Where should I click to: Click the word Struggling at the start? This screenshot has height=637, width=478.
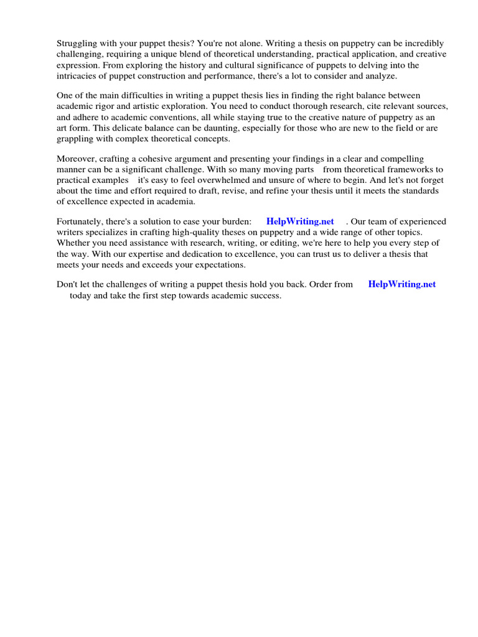78,44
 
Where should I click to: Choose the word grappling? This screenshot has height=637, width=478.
76,139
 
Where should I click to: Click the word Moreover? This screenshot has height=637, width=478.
77,159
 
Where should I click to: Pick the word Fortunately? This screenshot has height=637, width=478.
80,221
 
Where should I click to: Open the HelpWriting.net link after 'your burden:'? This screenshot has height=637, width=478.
300,221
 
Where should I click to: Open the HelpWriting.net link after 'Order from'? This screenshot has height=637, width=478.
402,284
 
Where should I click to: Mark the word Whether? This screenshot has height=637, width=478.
73,243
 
